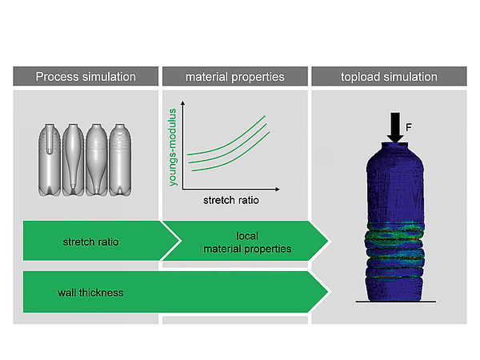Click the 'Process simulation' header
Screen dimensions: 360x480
[x=86, y=77]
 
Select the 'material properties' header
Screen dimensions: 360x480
[x=234, y=77]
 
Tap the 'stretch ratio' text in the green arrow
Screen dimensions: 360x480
[x=90, y=241]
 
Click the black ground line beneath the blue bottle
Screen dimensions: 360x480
[x=394, y=301]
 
